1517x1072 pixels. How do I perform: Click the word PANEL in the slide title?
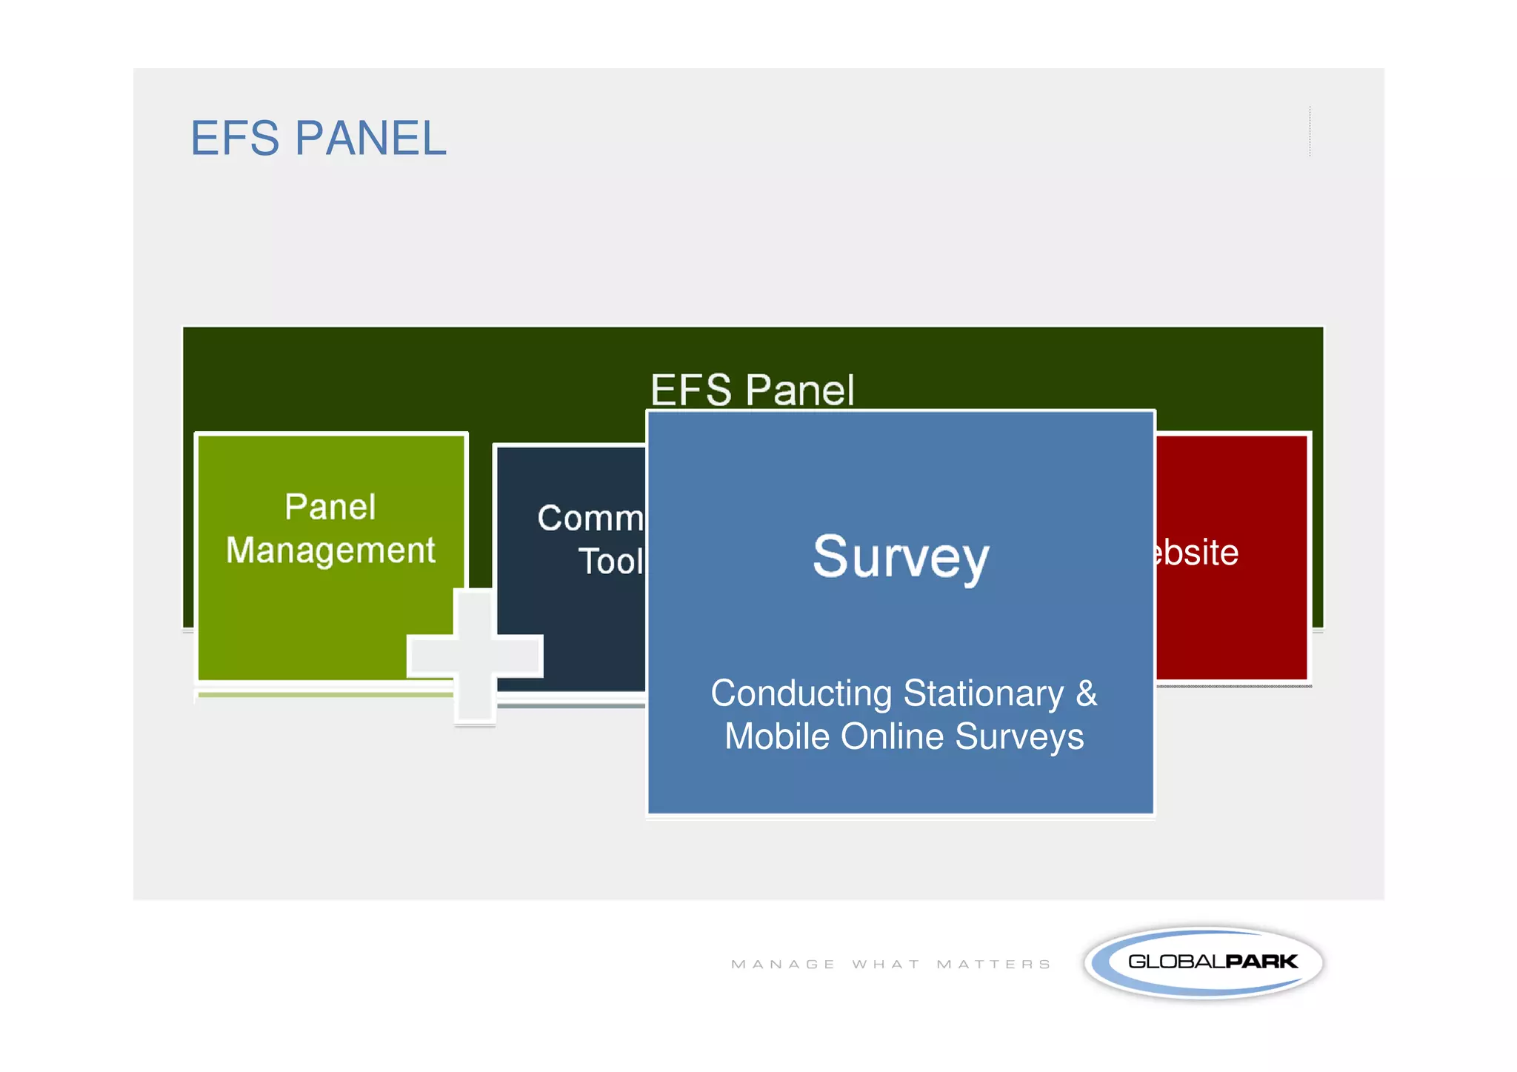(x=370, y=139)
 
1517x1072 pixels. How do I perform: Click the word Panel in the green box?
(x=330, y=507)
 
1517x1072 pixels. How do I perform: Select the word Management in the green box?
(x=330, y=551)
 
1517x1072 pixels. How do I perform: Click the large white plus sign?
(x=475, y=656)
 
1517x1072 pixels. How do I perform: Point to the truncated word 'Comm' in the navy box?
(x=590, y=518)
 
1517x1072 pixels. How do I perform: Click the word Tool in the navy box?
(x=610, y=562)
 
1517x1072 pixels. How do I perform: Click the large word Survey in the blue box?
(x=901, y=557)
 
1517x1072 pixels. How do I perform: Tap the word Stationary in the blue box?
(x=983, y=694)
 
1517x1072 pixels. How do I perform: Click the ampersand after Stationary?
(x=1087, y=694)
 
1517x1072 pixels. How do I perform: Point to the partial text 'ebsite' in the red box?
(x=1196, y=553)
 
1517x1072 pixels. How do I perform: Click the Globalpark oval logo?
(x=1203, y=962)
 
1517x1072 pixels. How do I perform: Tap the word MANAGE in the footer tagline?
(x=783, y=965)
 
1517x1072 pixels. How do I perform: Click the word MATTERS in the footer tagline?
(x=993, y=965)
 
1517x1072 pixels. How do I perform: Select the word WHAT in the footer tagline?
(x=886, y=965)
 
